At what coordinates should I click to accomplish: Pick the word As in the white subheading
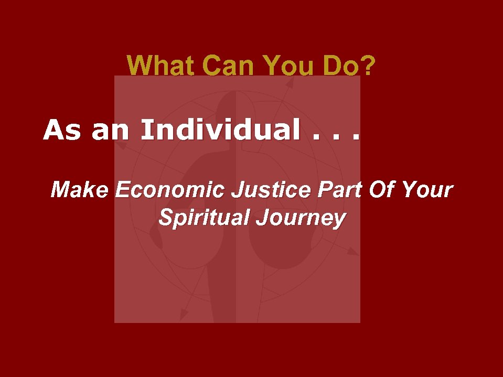[62, 130]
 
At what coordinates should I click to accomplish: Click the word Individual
[217, 130]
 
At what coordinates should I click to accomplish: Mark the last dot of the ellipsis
[357, 138]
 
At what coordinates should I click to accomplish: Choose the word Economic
[171, 189]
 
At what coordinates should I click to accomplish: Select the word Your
[426, 189]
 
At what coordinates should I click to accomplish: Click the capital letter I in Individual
[145, 130]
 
